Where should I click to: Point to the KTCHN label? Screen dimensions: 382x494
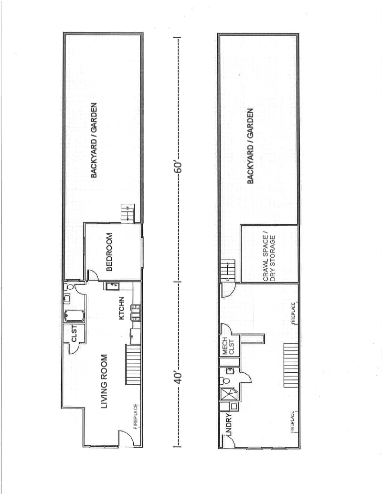coord(122,309)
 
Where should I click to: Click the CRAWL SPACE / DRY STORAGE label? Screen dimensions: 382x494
coord(269,255)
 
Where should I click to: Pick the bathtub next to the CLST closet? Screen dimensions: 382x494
coord(74,316)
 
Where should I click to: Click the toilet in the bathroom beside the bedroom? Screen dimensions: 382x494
coord(70,288)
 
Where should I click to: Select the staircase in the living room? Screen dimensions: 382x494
coord(132,366)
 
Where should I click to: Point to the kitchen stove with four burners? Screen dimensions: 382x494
coord(136,312)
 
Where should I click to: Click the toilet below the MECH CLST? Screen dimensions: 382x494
coord(224,381)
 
